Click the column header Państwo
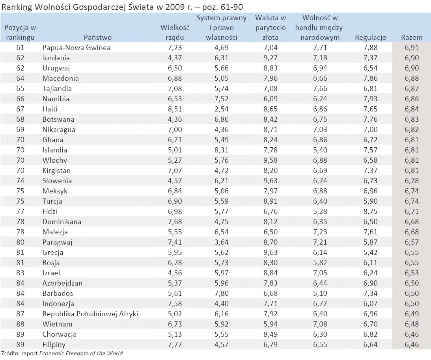pos(97,37)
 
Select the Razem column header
pos(411,37)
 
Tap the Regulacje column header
pos(370,37)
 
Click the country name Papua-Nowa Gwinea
pos(76,48)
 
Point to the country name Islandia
pos(55,150)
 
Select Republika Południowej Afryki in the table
pos(90,314)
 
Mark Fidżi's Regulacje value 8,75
pos(370,212)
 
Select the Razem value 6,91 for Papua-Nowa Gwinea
pos(412,48)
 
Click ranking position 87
pos(21,314)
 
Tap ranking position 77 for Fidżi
pos(21,212)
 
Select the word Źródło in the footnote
pos(9,353)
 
